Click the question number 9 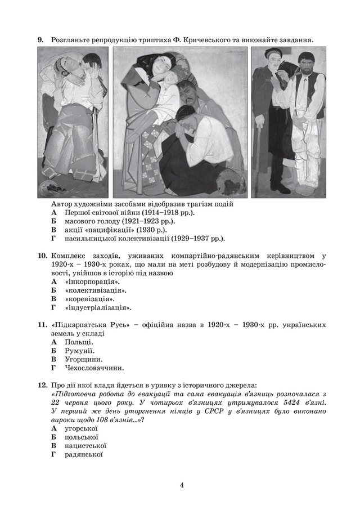40,40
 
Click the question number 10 42,256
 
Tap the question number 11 42,325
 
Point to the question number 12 42,386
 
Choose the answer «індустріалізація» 98,308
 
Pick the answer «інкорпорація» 92,281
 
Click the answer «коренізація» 89,299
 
